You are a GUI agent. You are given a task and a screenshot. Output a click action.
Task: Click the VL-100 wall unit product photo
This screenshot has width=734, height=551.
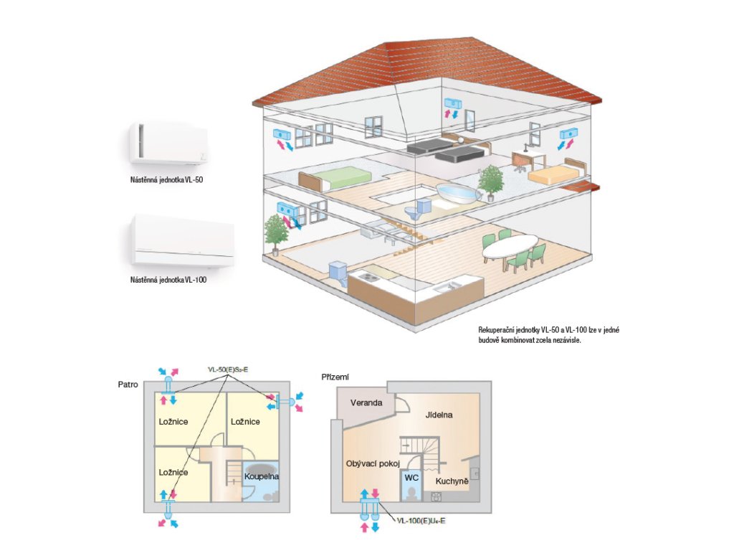tap(182, 240)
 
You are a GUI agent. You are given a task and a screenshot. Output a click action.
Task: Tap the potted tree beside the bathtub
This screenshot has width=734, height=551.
tap(491, 181)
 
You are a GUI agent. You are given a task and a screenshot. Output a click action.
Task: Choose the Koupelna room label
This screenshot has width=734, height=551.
tap(262, 476)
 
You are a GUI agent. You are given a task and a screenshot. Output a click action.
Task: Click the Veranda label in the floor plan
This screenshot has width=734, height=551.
tap(366, 403)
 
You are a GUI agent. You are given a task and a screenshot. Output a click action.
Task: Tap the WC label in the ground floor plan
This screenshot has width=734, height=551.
tap(411, 477)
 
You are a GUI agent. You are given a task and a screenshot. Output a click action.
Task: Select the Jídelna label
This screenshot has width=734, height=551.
tap(439, 415)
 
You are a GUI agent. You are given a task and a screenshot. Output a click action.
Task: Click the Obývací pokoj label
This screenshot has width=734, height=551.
tap(372, 463)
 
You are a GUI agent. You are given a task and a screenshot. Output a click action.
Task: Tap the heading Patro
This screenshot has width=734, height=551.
tap(128, 385)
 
